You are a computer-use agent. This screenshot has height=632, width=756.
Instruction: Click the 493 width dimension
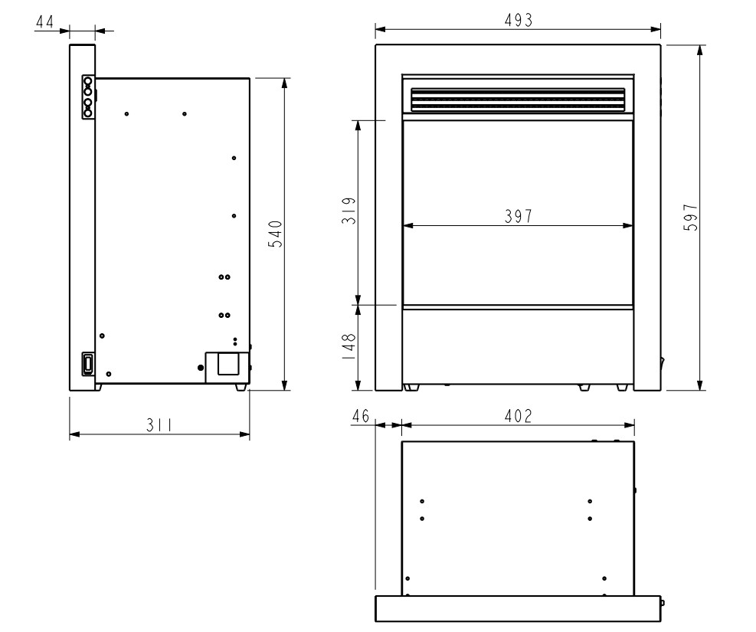(x=518, y=21)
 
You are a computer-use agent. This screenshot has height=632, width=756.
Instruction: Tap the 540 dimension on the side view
(x=276, y=233)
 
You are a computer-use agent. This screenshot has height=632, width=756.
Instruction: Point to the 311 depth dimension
(x=159, y=424)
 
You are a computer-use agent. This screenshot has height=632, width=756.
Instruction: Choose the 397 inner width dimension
(x=518, y=216)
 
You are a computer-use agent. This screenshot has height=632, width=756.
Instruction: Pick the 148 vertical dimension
(x=349, y=347)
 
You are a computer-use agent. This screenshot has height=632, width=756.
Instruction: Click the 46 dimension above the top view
(x=362, y=416)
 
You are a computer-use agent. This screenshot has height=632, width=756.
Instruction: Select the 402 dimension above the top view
(x=518, y=416)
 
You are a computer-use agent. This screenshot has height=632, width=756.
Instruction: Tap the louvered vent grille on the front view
(x=518, y=100)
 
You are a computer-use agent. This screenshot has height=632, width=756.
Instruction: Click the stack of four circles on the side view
(x=88, y=97)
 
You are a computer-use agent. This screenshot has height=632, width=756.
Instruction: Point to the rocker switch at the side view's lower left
(x=88, y=363)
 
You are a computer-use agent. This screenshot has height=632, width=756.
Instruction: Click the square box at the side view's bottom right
(x=227, y=363)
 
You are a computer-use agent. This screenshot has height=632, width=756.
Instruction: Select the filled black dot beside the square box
(x=201, y=368)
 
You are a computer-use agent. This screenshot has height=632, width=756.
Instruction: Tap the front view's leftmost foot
(x=413, y=388)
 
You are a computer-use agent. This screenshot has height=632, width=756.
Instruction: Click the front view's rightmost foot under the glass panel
(x=622, y=388)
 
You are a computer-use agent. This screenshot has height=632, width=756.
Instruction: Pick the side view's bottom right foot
(x=241, y=388)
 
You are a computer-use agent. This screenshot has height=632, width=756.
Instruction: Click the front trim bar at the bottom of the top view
(x=518, y=609)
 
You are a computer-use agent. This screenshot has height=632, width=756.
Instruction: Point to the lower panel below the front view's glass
(x=518, y=345)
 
